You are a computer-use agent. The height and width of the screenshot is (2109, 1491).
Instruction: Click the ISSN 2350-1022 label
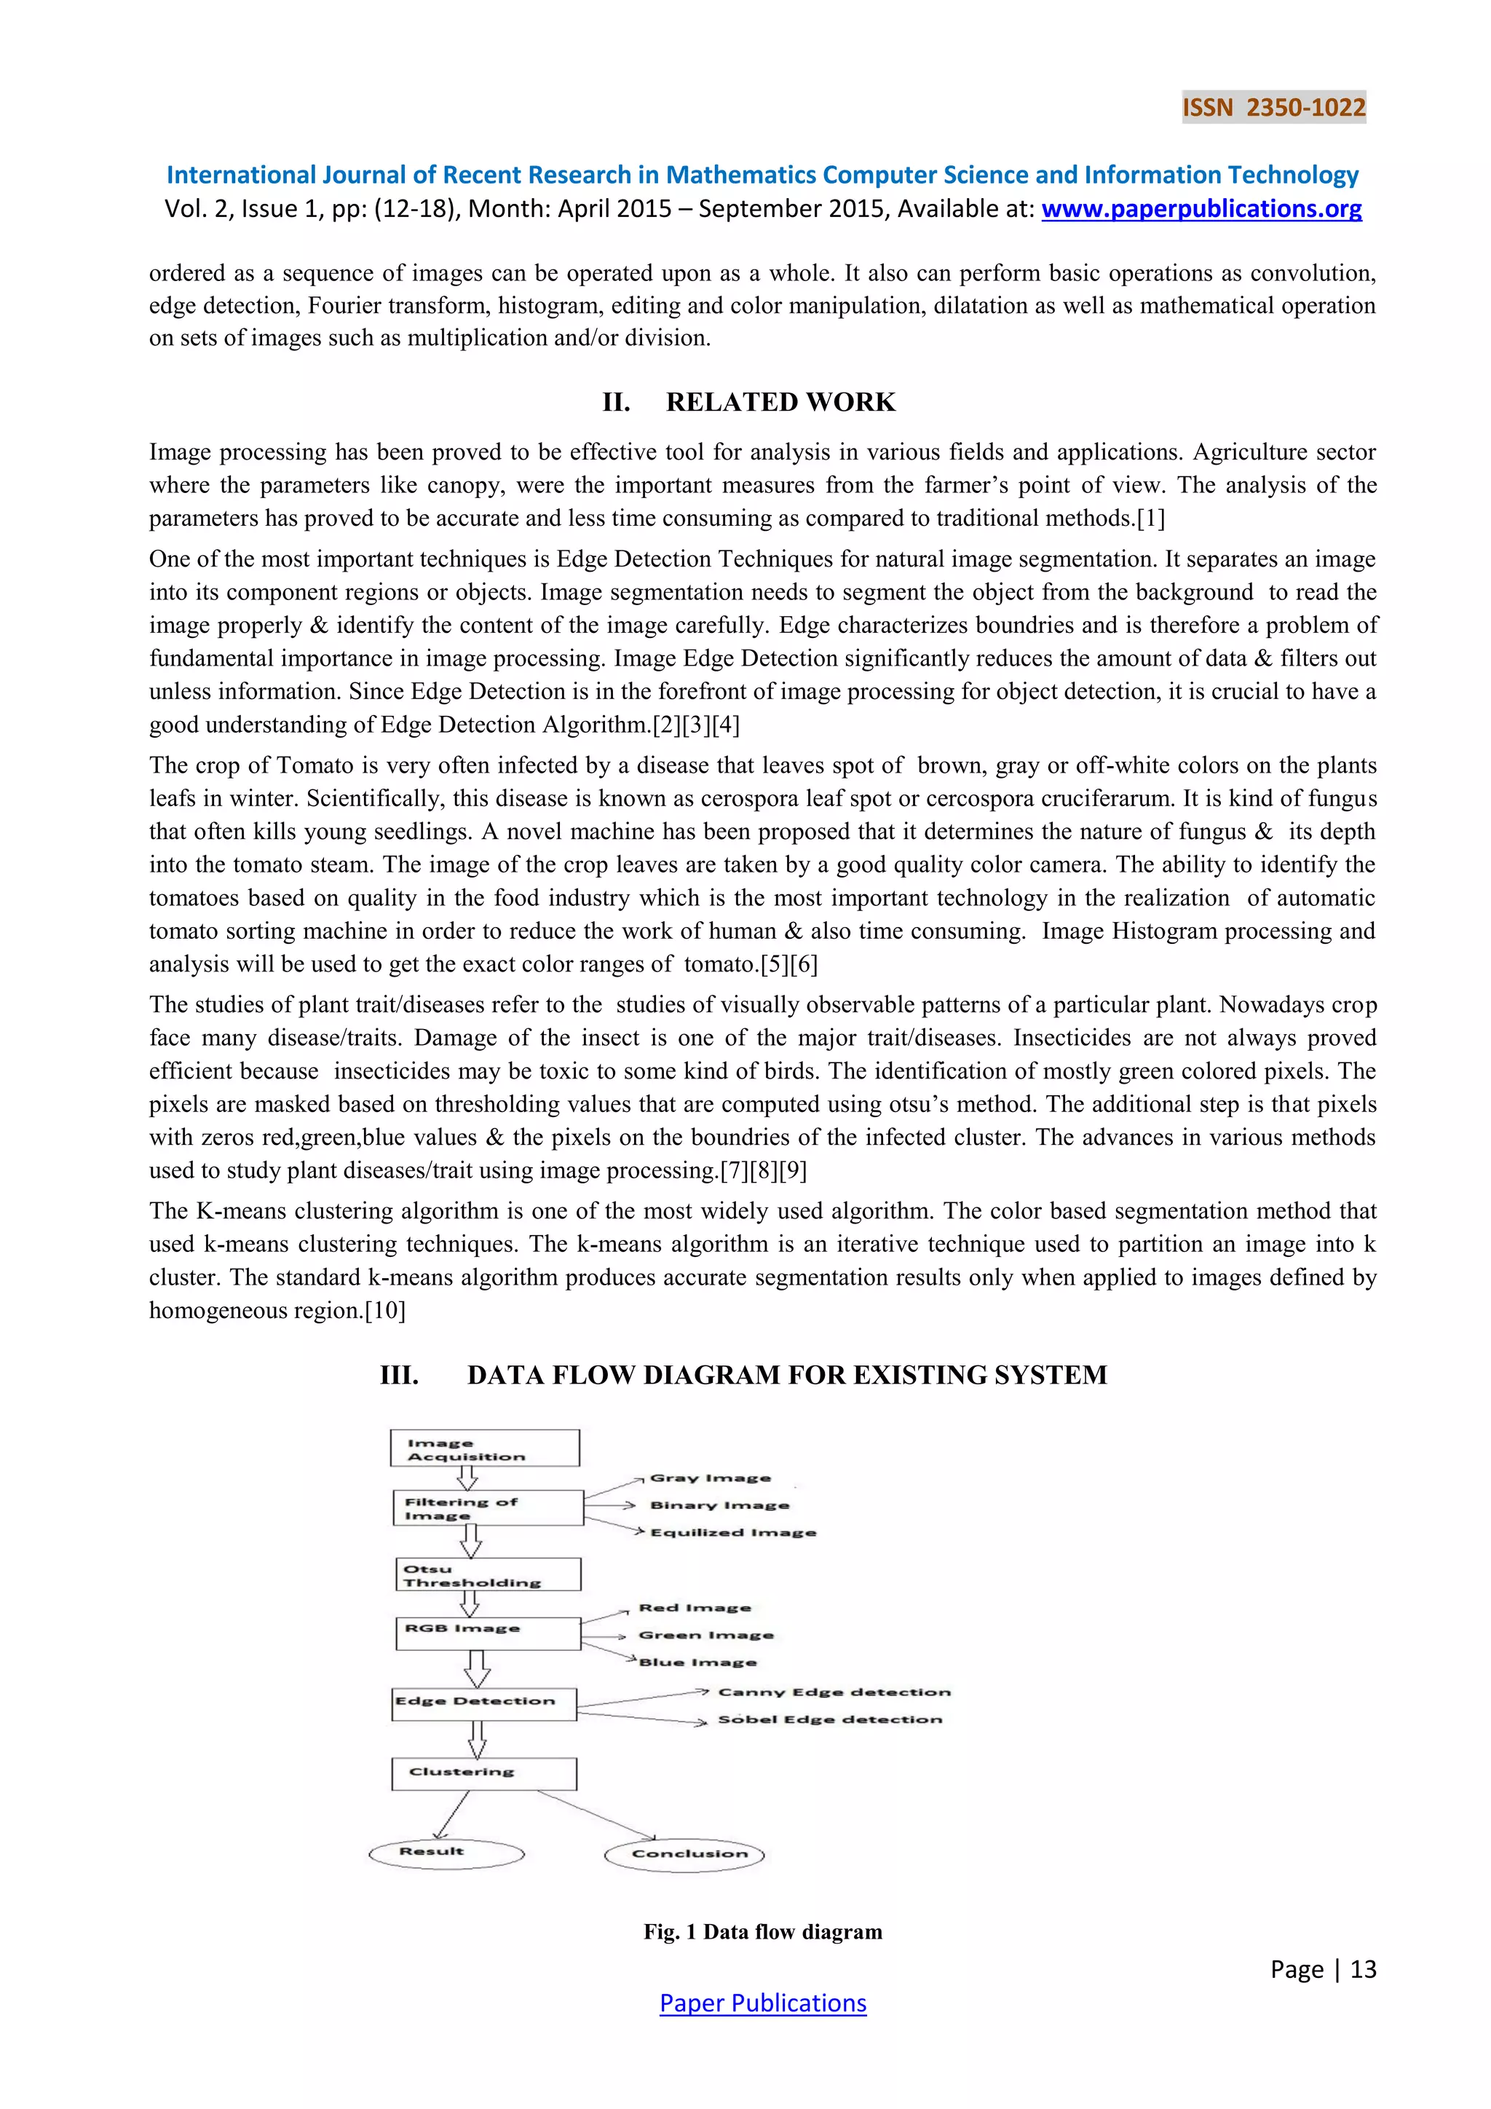[1273, 108]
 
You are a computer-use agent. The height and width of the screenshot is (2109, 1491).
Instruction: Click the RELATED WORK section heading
[780, 402]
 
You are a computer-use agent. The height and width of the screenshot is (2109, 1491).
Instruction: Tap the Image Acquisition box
[485, 1448]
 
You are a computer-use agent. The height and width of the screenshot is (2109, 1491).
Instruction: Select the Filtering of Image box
[488, 1508]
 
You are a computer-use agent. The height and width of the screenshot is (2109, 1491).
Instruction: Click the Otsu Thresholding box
[489, 1574]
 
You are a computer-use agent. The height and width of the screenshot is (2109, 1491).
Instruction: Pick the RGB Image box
[488, 1634]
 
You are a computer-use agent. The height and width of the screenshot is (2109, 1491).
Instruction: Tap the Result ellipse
[446, 1853]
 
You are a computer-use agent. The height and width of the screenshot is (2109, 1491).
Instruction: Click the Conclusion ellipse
[685, 1855]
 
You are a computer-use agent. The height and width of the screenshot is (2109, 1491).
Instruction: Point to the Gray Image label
[710, 1478]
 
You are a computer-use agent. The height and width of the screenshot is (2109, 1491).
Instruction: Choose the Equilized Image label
[732, 1532]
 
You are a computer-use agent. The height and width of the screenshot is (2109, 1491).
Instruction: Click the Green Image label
[706, 1635]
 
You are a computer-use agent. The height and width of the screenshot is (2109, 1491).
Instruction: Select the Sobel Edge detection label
[830, 1719]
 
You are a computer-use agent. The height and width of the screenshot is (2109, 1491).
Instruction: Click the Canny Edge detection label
[834, 1692]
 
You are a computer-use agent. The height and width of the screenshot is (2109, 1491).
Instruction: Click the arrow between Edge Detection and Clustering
[477, 1739]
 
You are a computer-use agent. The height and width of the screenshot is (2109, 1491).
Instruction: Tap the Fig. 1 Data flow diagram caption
[762, 1932]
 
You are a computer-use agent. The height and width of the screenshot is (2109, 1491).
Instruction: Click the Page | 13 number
[1323, 1969]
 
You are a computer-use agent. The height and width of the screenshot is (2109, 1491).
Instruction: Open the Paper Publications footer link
[762, 2003]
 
